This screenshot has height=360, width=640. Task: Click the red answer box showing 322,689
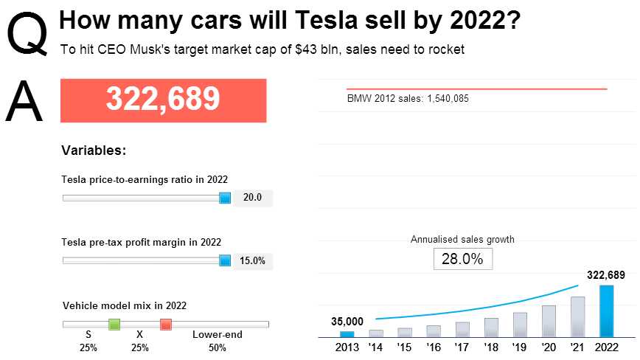point(163,100)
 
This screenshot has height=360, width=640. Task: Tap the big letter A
point(24,101)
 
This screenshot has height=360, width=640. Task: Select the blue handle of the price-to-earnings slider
point(225,198)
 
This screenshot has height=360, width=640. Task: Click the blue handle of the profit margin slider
point(225,260)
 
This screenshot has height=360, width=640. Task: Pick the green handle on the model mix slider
point(114,324)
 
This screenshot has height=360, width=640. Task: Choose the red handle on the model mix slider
point(166,324)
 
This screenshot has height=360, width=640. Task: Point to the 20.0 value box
point(253,198)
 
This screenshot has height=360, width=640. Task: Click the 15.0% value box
point(253,260)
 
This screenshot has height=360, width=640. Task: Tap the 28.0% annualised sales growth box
point(462,259)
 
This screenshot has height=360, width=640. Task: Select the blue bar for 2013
point(347,333)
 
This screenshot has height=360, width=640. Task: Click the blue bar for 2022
point(606,311)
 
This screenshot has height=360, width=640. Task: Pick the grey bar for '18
point(491,327)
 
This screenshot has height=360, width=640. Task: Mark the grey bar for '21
point(577,316)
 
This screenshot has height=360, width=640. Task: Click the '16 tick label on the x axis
point(434,347)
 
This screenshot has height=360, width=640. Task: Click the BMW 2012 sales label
point(408,98)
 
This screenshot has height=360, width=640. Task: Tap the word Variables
point(94,150)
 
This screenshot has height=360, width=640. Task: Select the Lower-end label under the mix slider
point(218,335)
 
